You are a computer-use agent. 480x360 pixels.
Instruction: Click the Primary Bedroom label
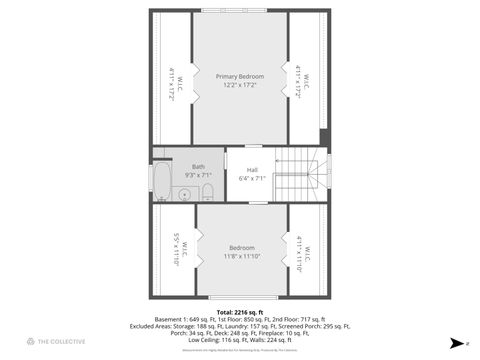[x=240, y=76]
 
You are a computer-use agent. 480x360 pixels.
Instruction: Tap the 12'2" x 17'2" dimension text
[x=240, y=86]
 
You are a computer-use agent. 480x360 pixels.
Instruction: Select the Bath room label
[x=198, y=167]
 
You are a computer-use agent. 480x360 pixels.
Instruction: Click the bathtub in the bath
[x=162, y=184]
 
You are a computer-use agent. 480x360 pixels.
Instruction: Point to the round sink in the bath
[x=184, y=194]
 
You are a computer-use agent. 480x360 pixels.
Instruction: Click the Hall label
[x=252, y=170]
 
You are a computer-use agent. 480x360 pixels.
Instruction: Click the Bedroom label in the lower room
[x=241, y=247]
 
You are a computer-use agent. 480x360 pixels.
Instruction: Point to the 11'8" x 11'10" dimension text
[x=241, y=257]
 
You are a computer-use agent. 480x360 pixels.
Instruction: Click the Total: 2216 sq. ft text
[x=240, y=311]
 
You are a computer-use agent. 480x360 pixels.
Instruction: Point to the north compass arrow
[x=456, y=343]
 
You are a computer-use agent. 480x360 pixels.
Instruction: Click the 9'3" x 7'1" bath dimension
[x=198, y=175]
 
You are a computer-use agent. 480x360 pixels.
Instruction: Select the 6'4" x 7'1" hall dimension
[x=252, y=179]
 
